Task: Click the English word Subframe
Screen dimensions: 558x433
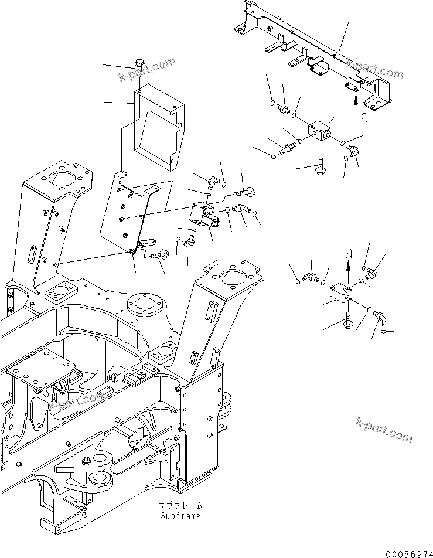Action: pyautogui.click(x=179, y=516)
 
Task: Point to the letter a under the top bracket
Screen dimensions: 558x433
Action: pyautogui.click(x=364, y=118)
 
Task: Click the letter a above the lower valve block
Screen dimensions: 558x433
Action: pyautogui.click(x=349, y=253)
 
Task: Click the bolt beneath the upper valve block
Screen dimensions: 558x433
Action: pyautogui.click(x=321, y=165)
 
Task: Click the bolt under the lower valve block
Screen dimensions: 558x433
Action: pyautogui.click(x=348, y=320)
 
